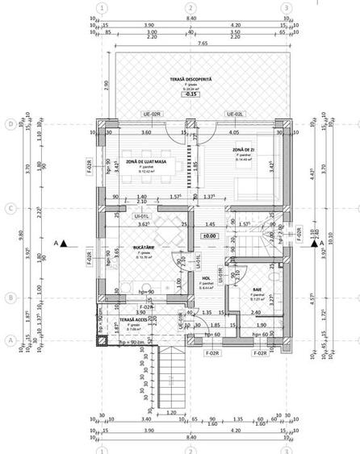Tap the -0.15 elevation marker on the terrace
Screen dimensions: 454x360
click(191, 94)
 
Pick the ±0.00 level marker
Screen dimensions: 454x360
click(208, 235)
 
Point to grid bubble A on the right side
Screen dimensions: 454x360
click(350, 340)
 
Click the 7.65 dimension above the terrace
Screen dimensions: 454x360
click(191, 42)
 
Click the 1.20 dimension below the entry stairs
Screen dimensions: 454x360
click(172, 411)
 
